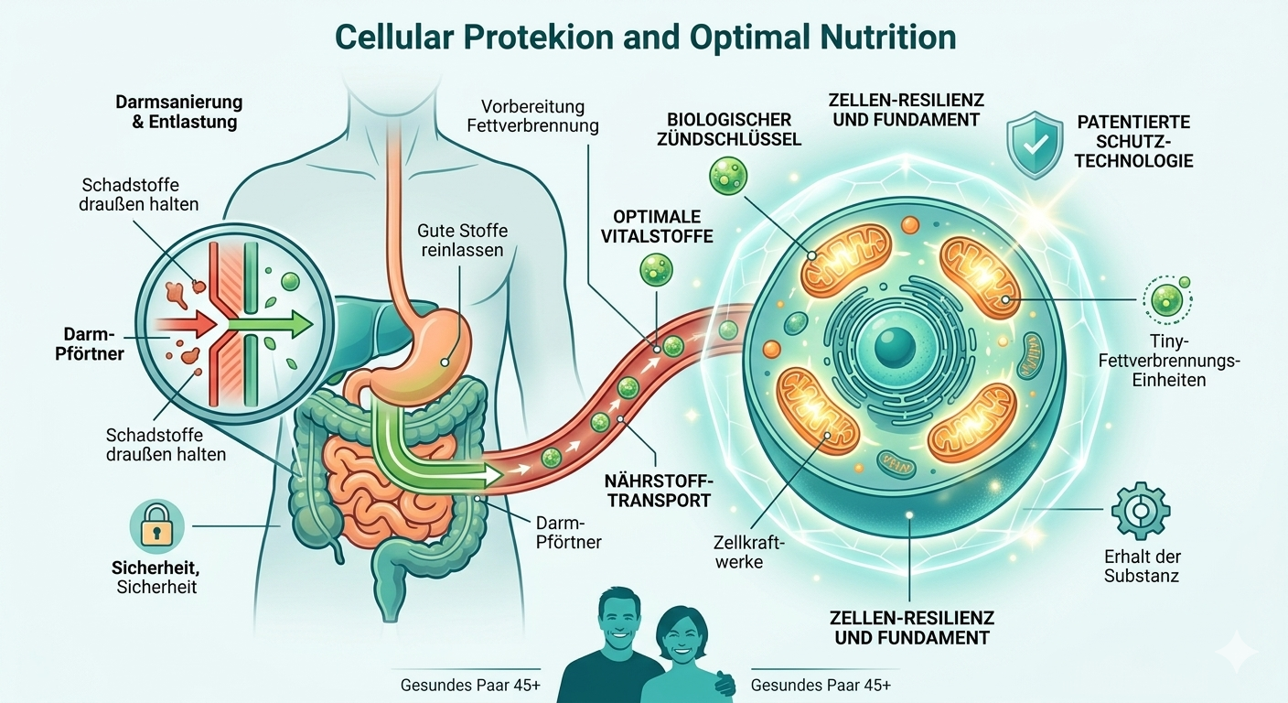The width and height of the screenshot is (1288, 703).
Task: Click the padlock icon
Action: pos(156,526)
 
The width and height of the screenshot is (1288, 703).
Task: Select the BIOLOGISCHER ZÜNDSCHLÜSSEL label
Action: pos(742,130)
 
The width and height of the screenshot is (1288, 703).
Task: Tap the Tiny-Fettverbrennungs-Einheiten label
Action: pos(1167,361)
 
